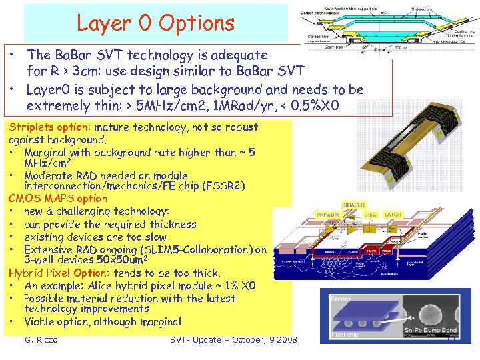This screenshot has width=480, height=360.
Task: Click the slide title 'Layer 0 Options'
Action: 155,23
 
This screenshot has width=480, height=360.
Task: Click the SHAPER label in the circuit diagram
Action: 355,205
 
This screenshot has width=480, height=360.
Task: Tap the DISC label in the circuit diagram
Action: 370,215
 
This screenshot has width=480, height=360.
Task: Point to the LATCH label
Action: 393,215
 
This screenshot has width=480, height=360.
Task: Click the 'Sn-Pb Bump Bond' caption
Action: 430,329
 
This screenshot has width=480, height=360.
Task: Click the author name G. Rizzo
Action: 41,340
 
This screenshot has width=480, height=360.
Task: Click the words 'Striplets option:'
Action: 49,127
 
